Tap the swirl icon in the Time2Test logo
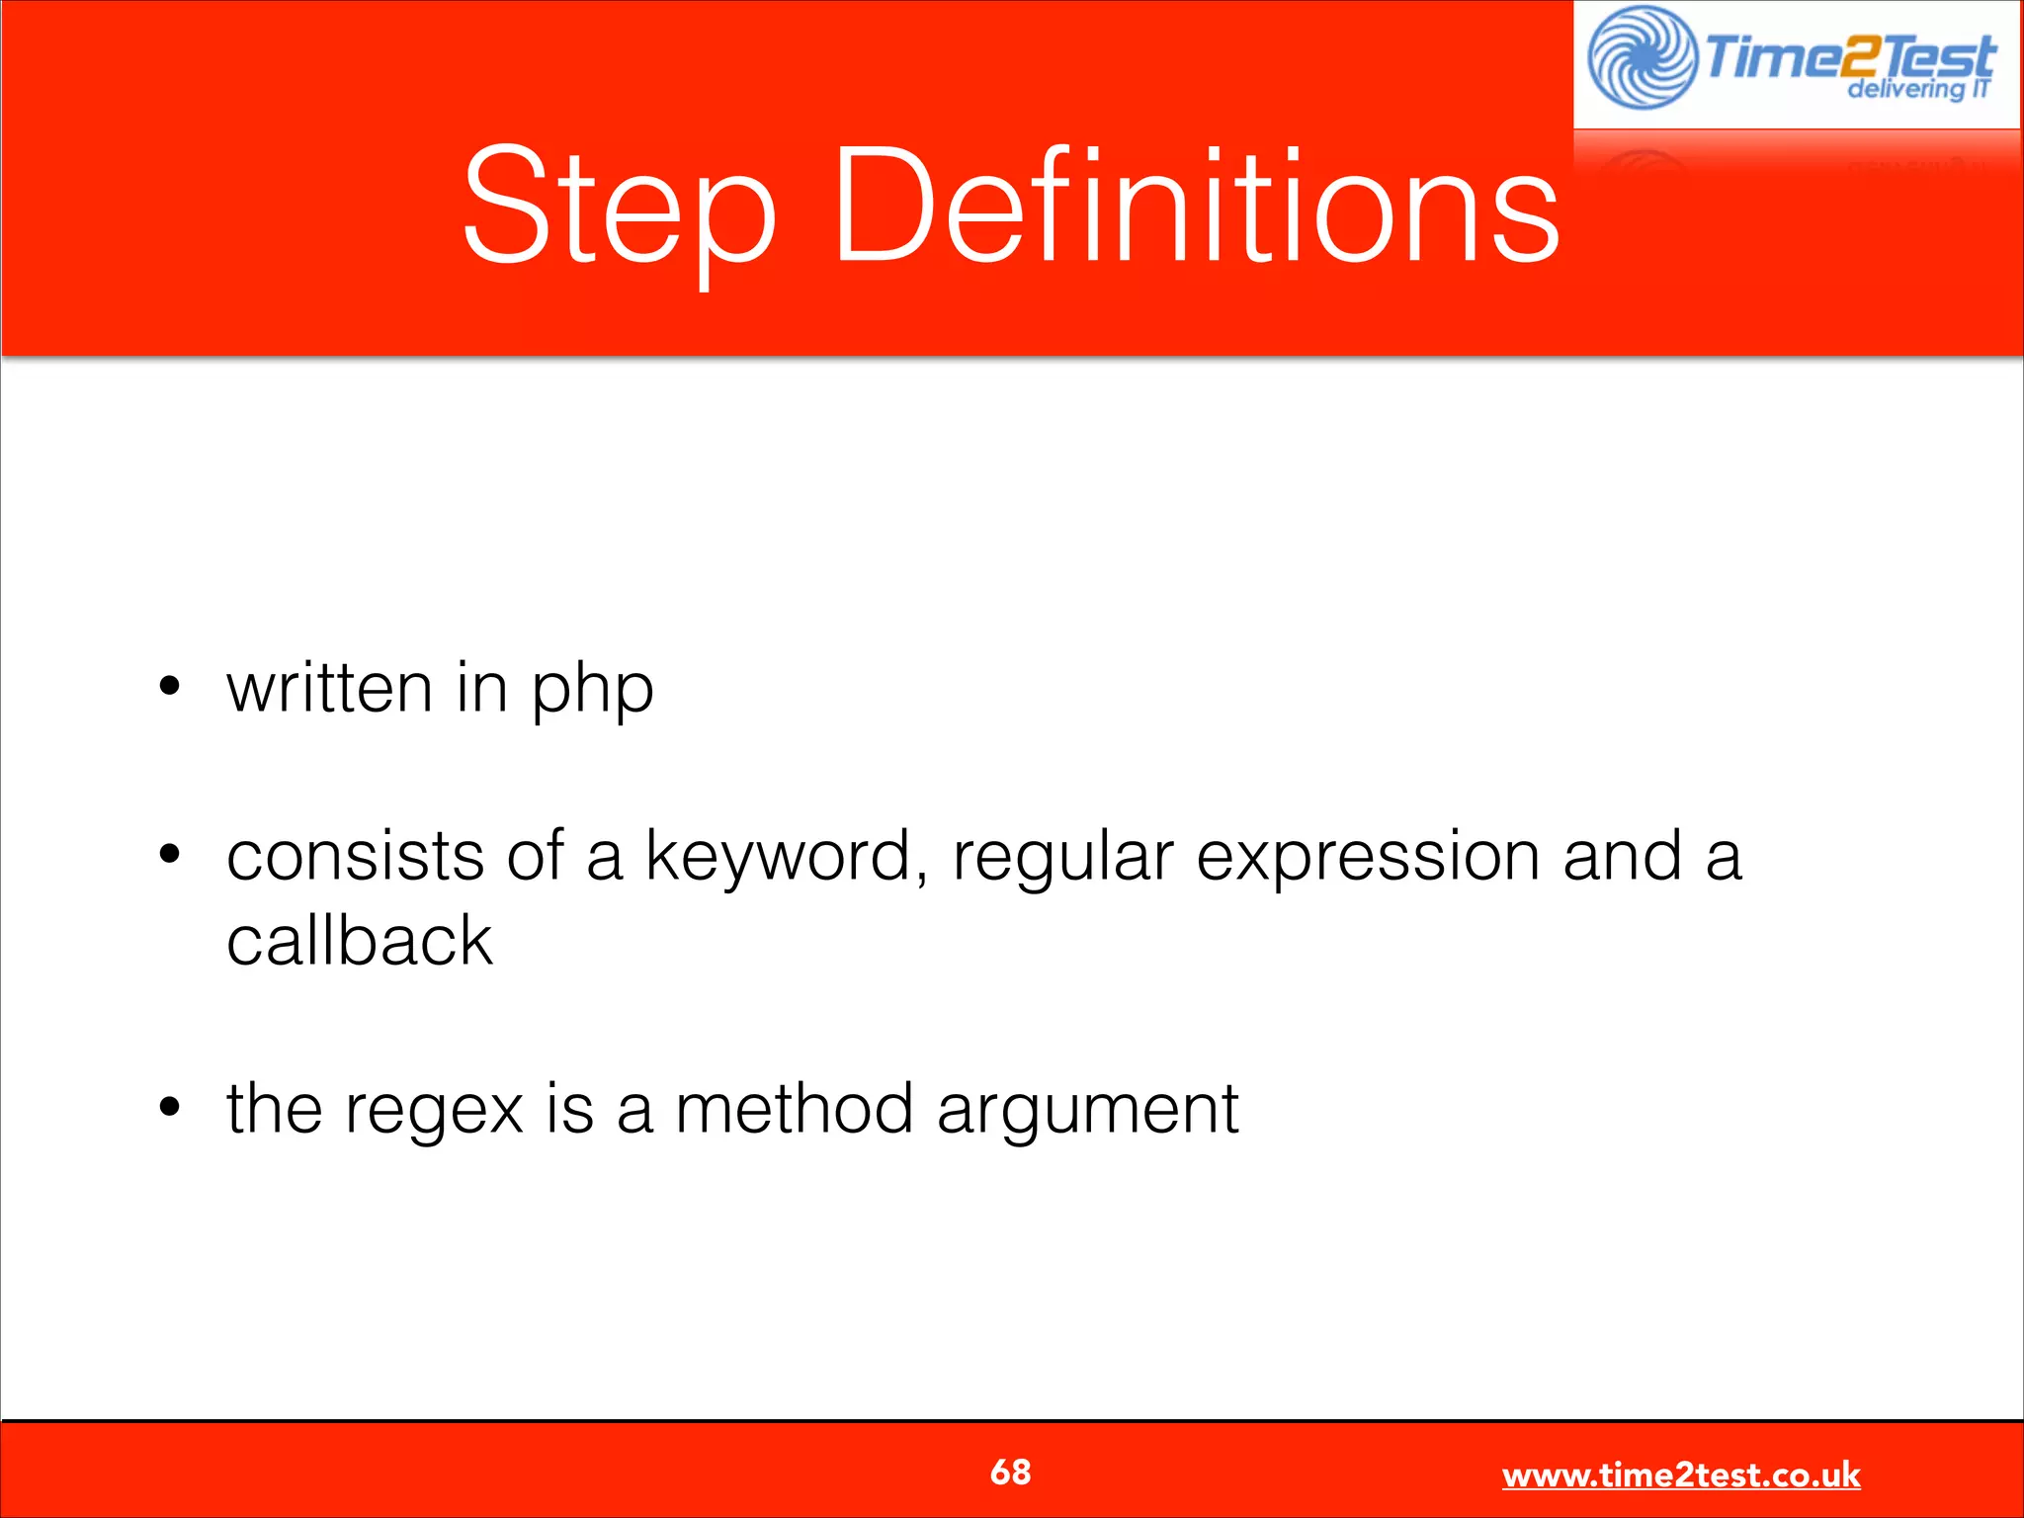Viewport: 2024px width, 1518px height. tap(1642, 57)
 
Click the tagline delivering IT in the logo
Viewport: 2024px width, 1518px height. tap(1917, 89)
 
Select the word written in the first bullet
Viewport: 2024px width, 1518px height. tap(329, 688)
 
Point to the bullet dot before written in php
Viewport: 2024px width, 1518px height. tap(170, 685)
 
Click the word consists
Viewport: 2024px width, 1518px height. tap(355, 856)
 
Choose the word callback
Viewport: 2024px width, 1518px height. tap(359, 941)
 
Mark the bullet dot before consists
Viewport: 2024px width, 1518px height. tap(170, 853)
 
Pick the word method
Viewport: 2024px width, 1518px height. tap(794, 1109)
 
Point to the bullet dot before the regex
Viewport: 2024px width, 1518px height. tap(170, 1106)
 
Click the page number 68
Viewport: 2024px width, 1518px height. tap(1010, 1472)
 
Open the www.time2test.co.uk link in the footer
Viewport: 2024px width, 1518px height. tap(1680, 1475)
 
